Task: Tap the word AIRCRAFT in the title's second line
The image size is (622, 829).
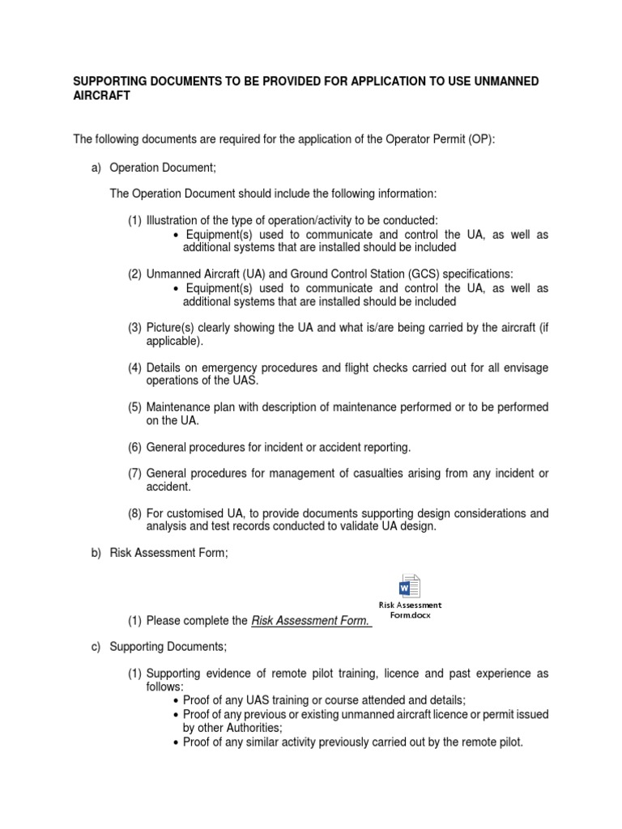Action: pyautogui.click(x=101, y=96)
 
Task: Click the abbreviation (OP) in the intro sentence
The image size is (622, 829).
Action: pyautogui.click(x=479, y=139)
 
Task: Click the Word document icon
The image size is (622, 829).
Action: pyautogui.click(x=410, y=586)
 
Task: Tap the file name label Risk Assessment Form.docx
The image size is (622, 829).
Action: pyautogui.click(x=410, y=610)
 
